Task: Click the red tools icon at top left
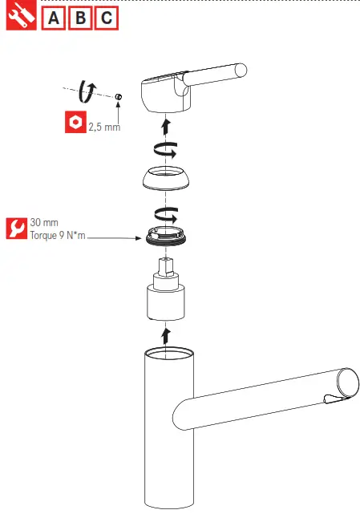(19, 18)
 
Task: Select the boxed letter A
(53, 18)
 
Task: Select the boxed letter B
(80, 18)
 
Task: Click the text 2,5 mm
(104, 126)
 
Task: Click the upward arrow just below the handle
(166, 126)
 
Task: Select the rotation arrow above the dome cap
(166, 150)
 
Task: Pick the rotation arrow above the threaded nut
(166, 213)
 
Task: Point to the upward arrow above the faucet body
(166, 333)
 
